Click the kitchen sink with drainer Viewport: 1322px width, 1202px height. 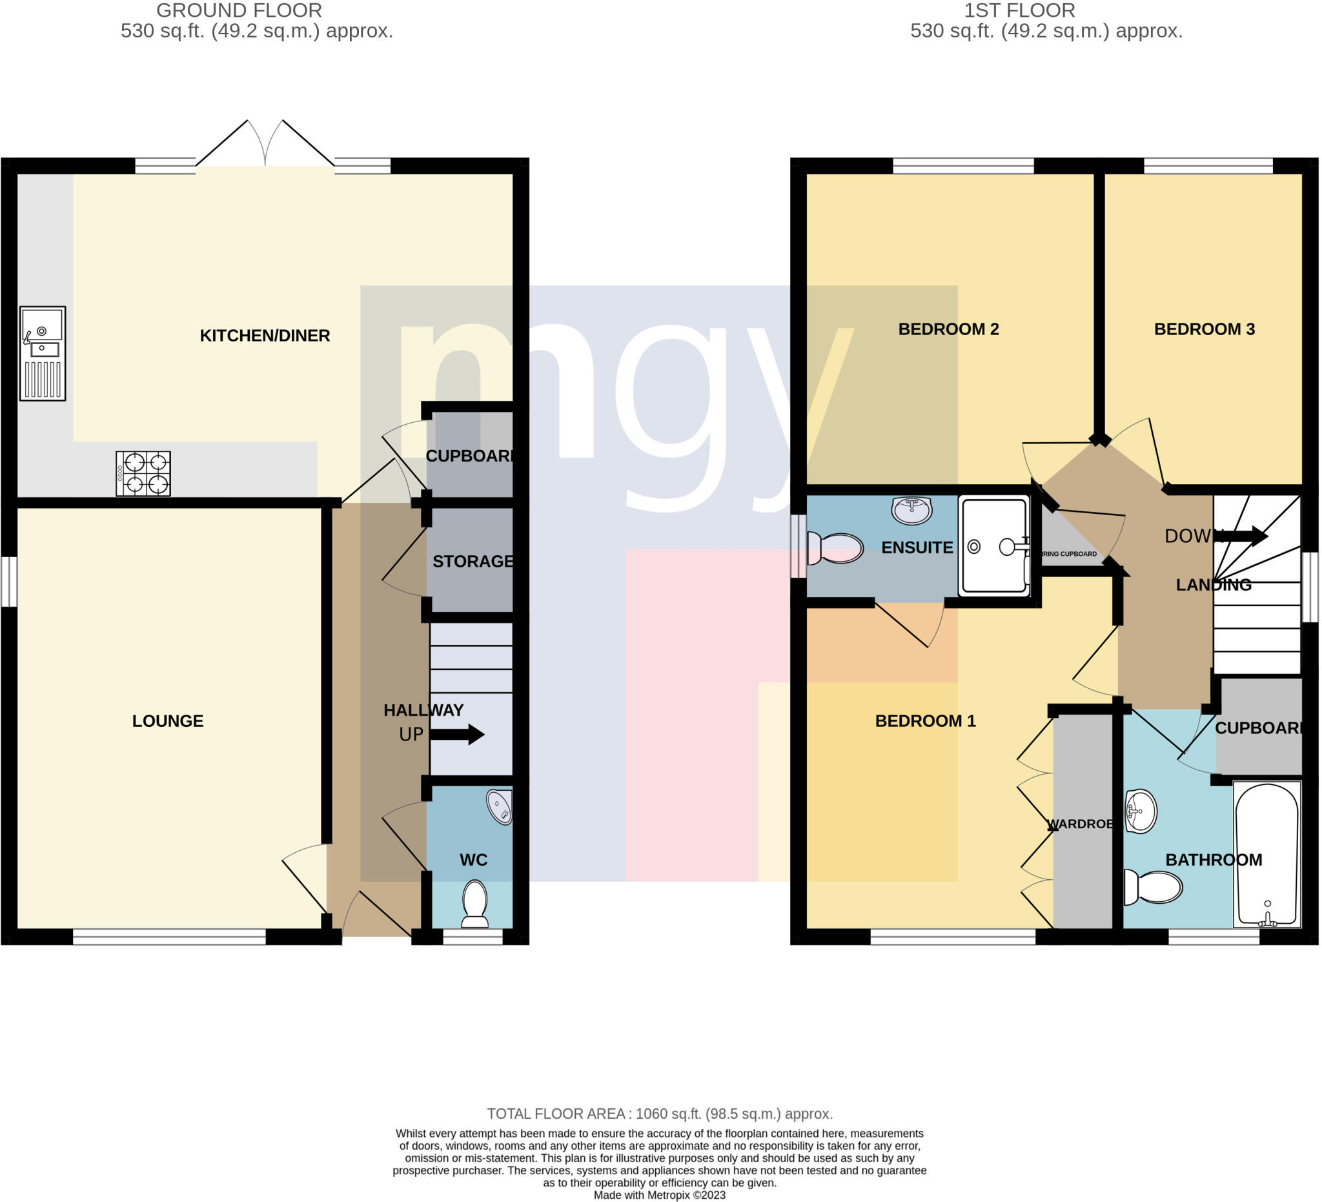[43, 354]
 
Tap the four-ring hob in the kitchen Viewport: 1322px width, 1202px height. [143, 473]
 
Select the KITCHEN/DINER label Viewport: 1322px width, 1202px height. [265, 336]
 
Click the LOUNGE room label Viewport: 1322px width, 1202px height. [168, 721]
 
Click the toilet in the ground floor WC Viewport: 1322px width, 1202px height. [474, 904]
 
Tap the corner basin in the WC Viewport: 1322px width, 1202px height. [500, 807]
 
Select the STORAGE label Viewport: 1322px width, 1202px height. [473, 562]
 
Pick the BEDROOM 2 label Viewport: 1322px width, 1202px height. [949, 329]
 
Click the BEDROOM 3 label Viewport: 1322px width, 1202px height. [1205, 329]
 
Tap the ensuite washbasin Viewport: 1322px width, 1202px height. [912, 510]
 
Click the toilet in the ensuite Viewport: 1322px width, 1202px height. [835, 548]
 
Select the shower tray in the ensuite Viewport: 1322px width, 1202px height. [994, 546]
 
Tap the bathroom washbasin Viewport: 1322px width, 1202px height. [1141, 812]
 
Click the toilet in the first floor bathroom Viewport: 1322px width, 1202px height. [1153, 887]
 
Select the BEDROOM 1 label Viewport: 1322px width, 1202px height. [926, 721]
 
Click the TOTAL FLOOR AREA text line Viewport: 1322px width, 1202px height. [660, 1114]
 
